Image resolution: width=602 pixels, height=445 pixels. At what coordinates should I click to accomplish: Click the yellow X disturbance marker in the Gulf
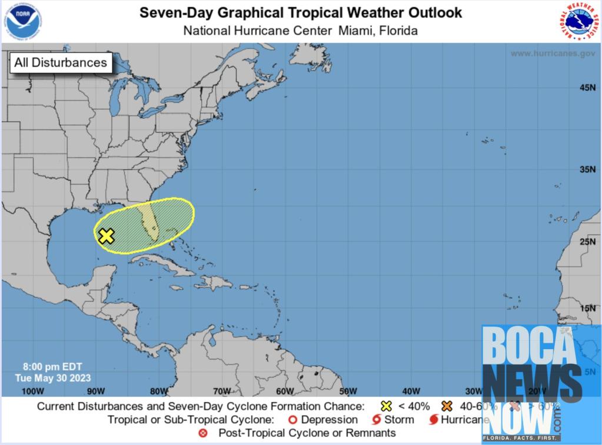point(106,236)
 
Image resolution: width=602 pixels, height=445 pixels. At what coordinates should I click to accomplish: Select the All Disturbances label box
point(61,62)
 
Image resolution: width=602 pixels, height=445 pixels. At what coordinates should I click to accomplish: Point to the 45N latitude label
point(587,88)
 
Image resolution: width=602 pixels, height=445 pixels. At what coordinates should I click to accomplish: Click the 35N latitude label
point(587,170)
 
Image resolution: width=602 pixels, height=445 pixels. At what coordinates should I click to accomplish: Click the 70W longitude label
point(221,391)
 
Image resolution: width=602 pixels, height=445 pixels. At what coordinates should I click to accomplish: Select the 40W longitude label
point(411,391)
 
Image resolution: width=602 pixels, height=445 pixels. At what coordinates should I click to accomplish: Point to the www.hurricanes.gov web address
point(553,53)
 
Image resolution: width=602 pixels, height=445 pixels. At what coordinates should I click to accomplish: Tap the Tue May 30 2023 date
point(53,377)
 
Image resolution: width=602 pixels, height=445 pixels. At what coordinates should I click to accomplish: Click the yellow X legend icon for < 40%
point(387,406)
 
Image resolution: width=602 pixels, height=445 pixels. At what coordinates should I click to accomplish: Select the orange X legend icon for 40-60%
point(447,406)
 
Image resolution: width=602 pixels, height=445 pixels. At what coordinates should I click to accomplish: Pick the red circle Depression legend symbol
point(292,420)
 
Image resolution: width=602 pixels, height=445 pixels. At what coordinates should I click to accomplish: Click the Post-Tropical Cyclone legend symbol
point(204,433)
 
